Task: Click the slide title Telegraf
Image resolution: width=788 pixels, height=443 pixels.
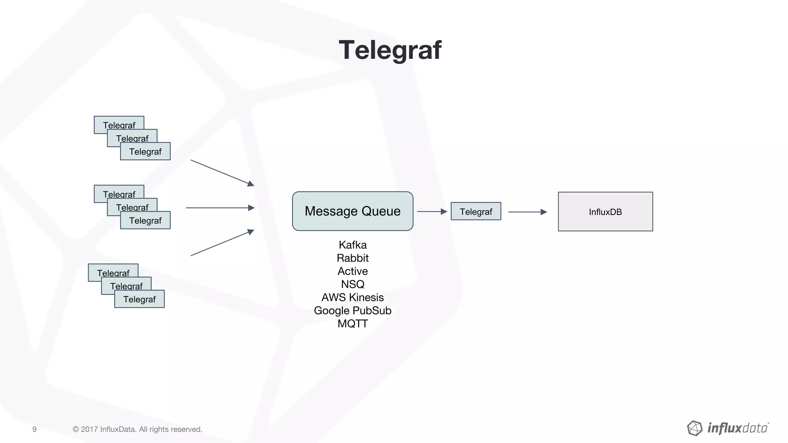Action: [390, 50]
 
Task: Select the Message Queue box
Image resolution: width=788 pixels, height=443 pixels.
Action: [352, 211]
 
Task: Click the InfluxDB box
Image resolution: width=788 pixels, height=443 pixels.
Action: [605, 212]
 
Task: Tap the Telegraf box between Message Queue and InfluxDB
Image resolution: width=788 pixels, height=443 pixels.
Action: [476, 212]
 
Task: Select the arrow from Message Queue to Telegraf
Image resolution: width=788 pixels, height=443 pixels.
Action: [432, 212]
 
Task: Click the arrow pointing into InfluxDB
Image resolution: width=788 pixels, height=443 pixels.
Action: [527, 212]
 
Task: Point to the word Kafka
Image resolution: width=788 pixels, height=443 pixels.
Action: [352, 245]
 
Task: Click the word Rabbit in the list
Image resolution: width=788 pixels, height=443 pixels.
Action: [352, 258]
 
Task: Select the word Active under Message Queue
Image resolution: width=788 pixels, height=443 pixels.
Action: [352, 271]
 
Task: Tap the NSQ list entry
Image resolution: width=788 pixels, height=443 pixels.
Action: [352, 284]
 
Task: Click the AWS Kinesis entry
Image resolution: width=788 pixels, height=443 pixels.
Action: [352, 297]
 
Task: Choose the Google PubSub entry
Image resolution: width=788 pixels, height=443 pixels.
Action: [352, 310]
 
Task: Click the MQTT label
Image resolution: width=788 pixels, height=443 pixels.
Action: [352, 323]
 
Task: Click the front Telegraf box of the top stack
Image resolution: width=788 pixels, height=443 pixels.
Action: [145, 152]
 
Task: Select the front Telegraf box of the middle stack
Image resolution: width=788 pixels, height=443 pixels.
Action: [145, 221]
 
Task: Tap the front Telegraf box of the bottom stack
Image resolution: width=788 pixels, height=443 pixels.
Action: [139, 299]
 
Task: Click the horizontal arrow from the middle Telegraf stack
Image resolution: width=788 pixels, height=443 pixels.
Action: [220, 208]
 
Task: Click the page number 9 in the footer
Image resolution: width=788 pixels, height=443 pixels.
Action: [34, 429]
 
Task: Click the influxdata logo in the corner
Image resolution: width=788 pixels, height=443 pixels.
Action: [728, 428]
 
